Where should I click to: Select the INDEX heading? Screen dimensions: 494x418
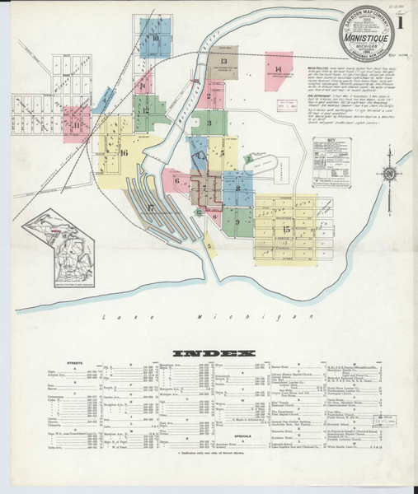point(209,352)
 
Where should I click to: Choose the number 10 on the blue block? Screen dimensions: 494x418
point(154,39)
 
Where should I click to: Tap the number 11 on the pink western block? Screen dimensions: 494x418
point(77,125)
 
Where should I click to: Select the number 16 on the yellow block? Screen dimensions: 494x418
point(124,153)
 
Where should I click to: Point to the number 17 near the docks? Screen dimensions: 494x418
point(150,206)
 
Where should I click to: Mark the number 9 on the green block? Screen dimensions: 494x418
point(237,221)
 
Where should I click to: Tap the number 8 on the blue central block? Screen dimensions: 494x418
point(238,189)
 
